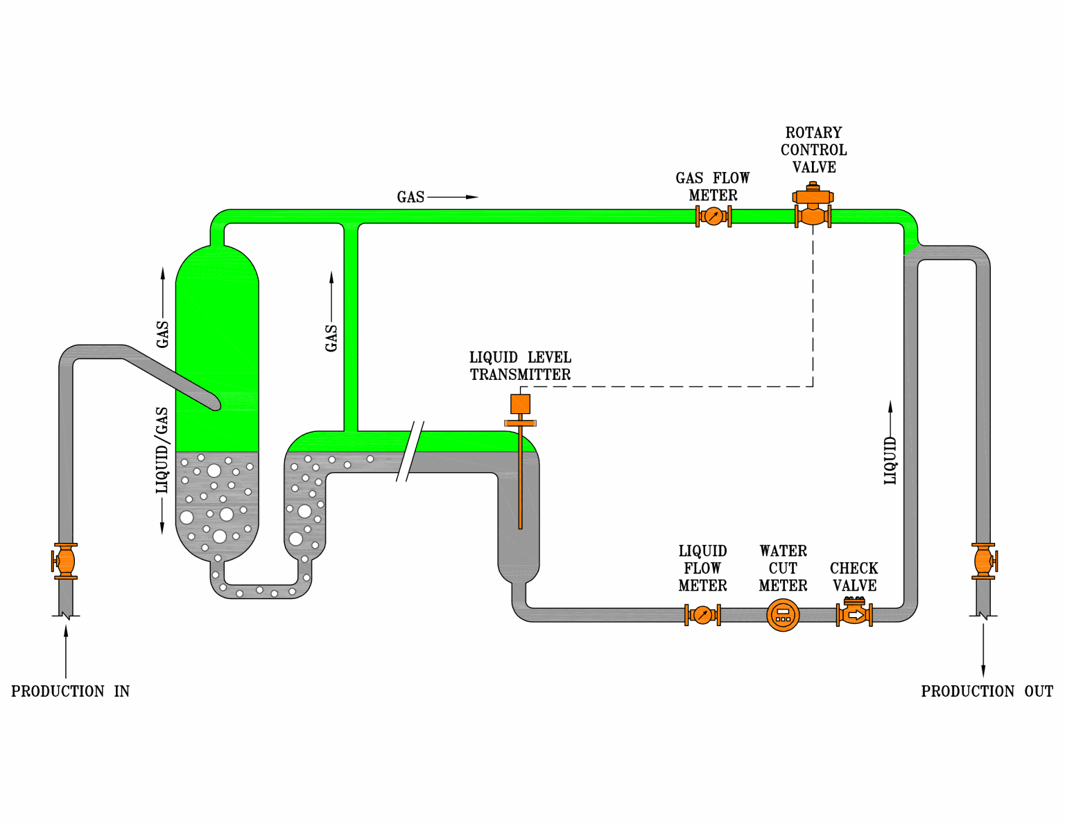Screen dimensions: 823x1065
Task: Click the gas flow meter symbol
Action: point(713,216)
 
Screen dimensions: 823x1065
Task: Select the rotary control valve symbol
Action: point(813,207)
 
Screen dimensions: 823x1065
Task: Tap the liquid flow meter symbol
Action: point(702,615)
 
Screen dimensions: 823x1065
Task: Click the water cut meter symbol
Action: point(783,615)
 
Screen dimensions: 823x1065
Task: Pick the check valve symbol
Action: point(854,614)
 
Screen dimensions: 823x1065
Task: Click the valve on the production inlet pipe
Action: point(65,561)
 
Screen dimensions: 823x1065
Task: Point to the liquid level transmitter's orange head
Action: point(520,404)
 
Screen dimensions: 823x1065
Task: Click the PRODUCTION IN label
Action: point(70,691)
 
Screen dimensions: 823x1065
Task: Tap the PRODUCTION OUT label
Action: point(987,691)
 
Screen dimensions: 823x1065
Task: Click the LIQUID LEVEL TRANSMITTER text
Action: point(520,366)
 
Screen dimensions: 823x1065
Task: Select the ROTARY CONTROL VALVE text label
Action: point(813,150)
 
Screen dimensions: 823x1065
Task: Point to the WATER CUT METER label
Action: point(783,569)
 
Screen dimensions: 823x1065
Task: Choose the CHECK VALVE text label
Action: point(854,577)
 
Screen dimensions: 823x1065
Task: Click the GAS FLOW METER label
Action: point(713,187)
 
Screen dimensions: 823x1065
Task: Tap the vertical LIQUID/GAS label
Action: point(162,450)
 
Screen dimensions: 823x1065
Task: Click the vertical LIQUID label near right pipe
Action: point(890,460)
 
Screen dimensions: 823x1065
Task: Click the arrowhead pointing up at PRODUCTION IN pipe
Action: point(66,631)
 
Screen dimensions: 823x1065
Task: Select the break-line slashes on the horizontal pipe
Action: point(410,451)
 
